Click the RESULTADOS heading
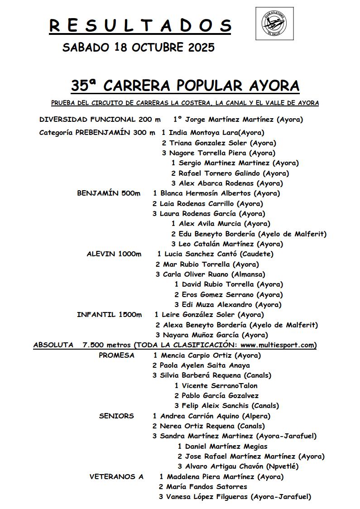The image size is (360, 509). (x=140, y=26)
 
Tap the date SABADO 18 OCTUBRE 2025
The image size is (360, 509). (x=138, y=48)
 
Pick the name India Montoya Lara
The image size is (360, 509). (x=203, y=133)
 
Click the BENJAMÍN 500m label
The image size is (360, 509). (x=109, y=193)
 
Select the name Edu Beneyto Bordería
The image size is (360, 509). (x=217, y=234)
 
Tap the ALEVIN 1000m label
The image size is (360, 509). (x=114, y=254)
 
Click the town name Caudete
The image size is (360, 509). (x=257, y=254)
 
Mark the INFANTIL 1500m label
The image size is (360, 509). (x=109, y=315)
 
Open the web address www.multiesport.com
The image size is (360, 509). (x=274, y=345)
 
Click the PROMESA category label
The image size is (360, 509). (x=116, y=355)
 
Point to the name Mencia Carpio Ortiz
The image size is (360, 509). (x=197, y=355)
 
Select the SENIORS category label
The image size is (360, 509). (x=116, y=416)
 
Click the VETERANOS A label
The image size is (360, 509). (x=116, y=476)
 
